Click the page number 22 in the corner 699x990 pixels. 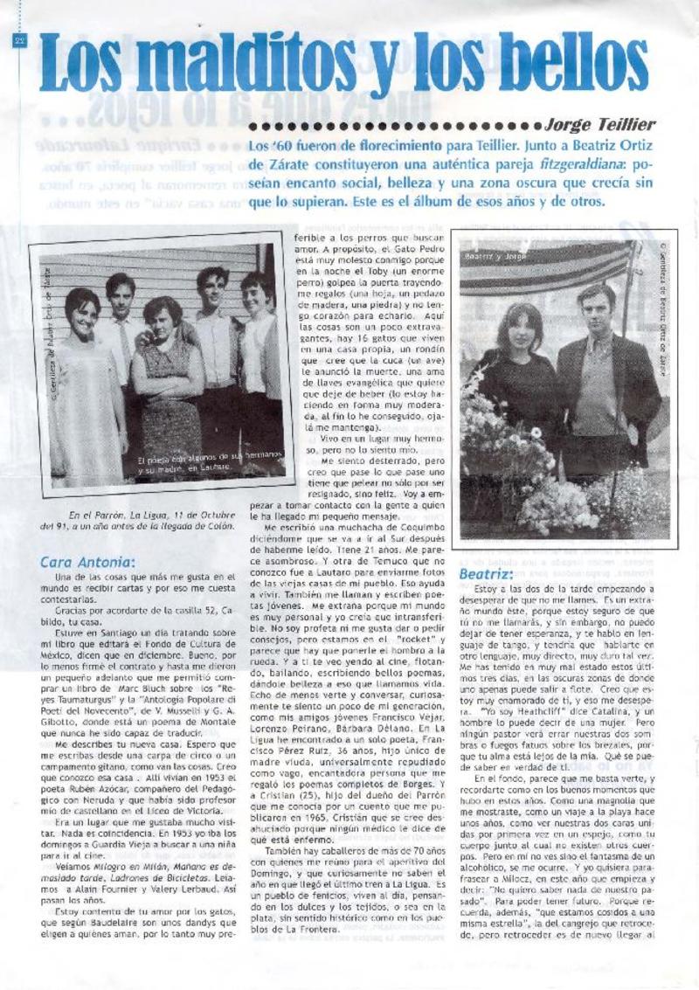(x=19, y=41)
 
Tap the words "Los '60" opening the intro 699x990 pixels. (x=271, y=143)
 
